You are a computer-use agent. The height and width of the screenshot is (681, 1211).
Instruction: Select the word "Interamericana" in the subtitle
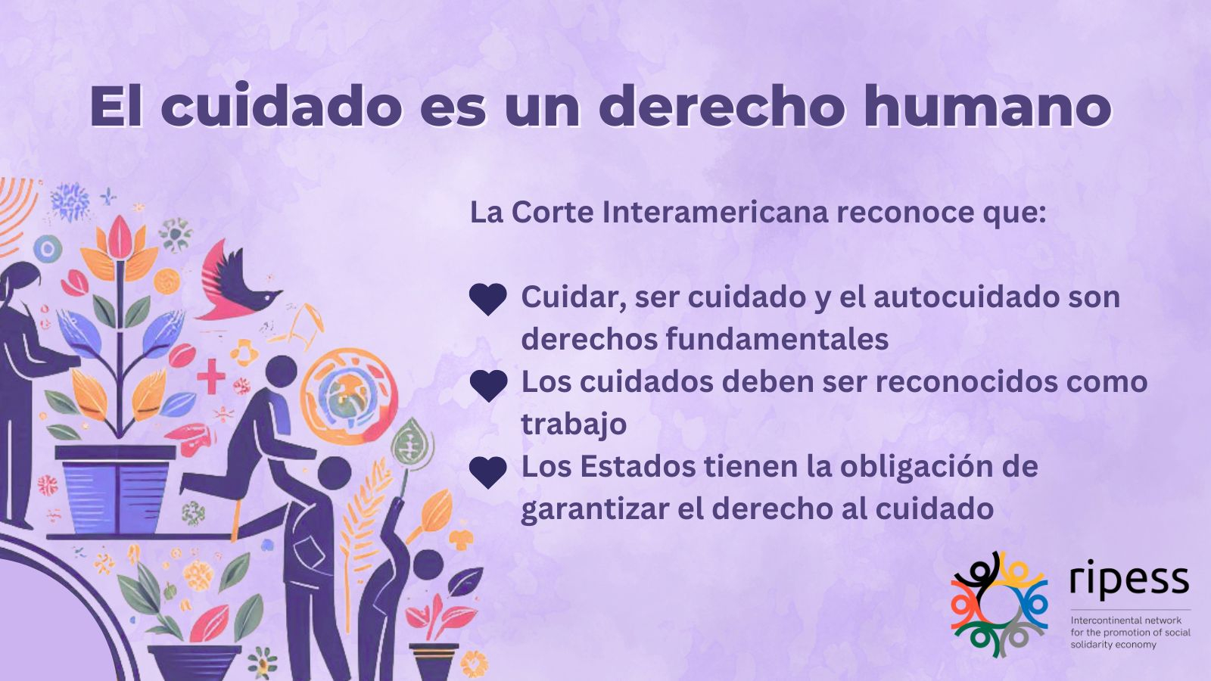click(x=715, y=213)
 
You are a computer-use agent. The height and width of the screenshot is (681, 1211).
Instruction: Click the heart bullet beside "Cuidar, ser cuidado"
click(x=487, y=299)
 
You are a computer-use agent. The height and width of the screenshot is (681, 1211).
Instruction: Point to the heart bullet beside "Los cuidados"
click(x=488, y=385)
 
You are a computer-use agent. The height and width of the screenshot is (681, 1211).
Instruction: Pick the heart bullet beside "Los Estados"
click(x=488, y=472)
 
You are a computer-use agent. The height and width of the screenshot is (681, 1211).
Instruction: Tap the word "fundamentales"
click(x=777, y=340)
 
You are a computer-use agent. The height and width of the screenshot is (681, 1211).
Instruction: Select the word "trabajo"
click(x=574, y=424)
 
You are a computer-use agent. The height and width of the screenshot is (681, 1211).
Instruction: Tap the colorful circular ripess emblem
click(x=999, y=605)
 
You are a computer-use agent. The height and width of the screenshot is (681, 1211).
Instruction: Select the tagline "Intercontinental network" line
click(x=1126, y=620)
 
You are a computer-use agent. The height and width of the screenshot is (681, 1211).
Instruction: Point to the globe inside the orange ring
click(x=346, y=394)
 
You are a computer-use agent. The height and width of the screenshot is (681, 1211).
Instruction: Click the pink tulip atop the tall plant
click(x=120, y=238)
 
